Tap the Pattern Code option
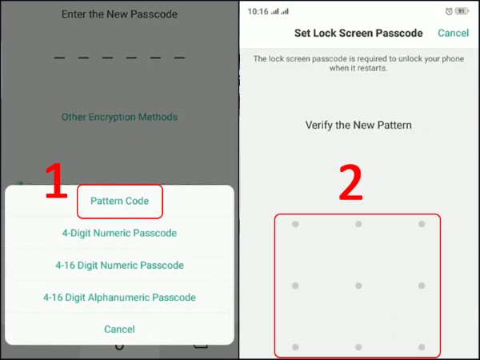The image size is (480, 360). click(119, 201)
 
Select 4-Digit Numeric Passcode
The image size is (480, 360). click(119, 233)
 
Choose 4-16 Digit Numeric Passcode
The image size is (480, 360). click(119, 265)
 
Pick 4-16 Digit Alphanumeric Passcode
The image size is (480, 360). click(119, 298)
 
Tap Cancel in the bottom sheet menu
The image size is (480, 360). click(119, 329)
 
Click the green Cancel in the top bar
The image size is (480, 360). click(453, 33)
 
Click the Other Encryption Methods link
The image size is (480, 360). click(119, 117)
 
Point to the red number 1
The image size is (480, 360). click(56, 181)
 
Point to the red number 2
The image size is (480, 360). click(351, 182)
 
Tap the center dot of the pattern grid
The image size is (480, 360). click(358, 286)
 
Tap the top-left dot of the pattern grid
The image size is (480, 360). click(295, 224)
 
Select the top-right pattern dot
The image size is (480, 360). click(422, 224)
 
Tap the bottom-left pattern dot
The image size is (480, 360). click(295, 347)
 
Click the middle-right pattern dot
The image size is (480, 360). click(422, 286)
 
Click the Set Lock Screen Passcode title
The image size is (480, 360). click(358, 33)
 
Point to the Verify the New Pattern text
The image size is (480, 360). click(358, 125)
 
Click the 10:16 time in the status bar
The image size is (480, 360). click(258, 12)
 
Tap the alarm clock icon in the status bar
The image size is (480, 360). click(449, 12)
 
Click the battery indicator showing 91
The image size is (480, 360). click(462, 11)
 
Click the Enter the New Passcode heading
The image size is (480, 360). click(119, 14)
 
